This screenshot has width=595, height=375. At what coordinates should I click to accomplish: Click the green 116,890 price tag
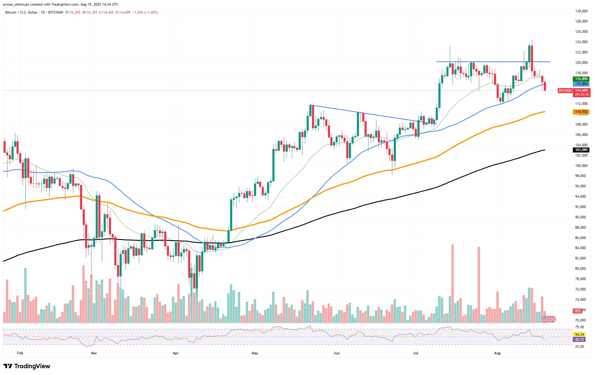581,79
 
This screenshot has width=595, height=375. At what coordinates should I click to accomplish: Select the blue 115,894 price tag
581,84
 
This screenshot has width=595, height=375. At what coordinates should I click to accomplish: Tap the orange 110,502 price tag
581,112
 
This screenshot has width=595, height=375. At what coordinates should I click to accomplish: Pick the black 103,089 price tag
581,150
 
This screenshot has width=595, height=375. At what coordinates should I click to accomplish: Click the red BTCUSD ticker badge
565,91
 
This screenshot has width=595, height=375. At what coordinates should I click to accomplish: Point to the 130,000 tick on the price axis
581,11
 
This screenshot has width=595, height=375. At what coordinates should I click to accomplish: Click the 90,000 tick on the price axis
580,217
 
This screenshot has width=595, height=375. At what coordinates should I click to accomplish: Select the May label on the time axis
255,353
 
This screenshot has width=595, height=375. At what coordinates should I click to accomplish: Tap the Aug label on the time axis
497,353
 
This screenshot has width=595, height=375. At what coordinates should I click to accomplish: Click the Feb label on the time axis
20,353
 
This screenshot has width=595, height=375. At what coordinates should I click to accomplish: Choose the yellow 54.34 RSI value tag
579,335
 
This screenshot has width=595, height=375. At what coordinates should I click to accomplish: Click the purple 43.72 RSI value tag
579,340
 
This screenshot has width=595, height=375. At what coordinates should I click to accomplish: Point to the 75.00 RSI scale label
579,327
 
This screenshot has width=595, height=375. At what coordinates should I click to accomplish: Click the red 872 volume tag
578,311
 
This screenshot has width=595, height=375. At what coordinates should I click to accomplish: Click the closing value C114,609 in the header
123,12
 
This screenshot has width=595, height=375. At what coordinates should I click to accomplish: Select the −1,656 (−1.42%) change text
145,12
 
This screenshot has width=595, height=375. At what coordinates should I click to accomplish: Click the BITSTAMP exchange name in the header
56,12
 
